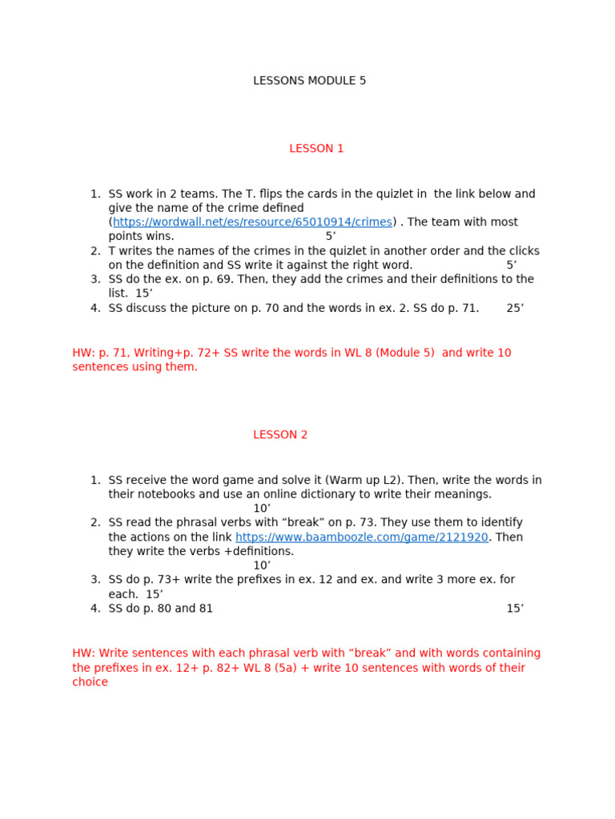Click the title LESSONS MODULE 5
pos(309,81)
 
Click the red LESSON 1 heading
pos(316,148)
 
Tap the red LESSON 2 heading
pos(280,435)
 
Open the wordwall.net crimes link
pos(252,222)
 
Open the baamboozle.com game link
pos(361,537)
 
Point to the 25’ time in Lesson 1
pos(515,308)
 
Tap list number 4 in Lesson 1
pos(95,308)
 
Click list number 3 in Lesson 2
pos(95,580)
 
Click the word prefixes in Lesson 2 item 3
pos(244,580)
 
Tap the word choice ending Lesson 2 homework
pos(90,682)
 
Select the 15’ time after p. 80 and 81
pos(515,609)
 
